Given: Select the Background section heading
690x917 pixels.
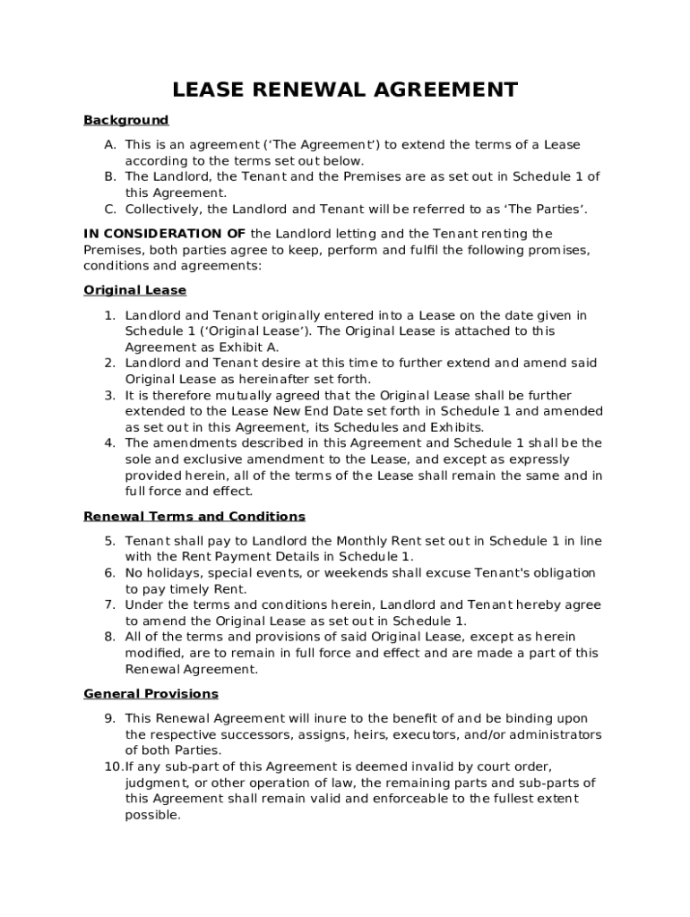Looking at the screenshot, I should coord(125,120).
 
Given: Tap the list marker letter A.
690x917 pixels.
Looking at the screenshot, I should coord(109,145).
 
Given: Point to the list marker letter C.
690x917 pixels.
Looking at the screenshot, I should coord(109,210).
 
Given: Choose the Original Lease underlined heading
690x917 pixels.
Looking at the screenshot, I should coord(134,290).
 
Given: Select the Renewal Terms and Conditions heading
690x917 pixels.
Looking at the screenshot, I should coord(194,517).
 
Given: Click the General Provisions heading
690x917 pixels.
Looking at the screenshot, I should coord(151,694).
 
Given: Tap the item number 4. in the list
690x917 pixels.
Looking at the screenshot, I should coord(109,443).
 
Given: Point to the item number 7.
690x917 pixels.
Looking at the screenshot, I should coord(109,605).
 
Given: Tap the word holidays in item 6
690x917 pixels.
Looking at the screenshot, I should coord(171,573).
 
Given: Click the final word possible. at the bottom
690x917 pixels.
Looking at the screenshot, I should coord(152,815).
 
